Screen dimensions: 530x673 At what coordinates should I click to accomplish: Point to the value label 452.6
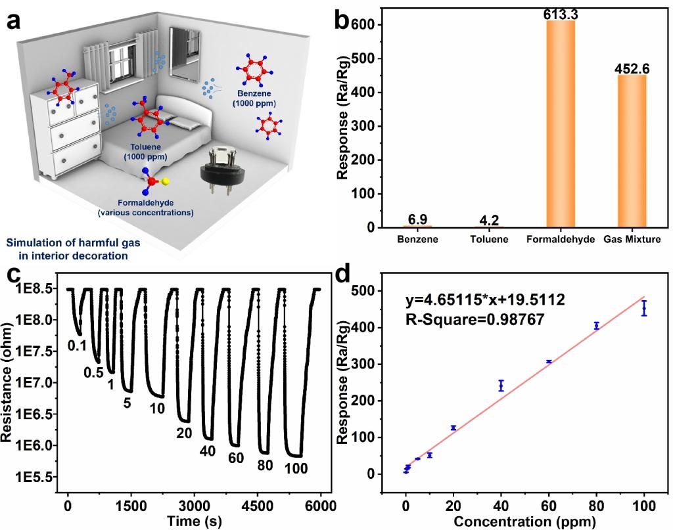(632, 68)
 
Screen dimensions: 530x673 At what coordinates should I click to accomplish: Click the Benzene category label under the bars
(417, 240)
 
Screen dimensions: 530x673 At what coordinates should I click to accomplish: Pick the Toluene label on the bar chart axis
(489, 240)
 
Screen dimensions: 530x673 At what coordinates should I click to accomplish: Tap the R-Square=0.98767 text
(471, 320)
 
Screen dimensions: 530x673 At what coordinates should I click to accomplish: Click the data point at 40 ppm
(501, 386)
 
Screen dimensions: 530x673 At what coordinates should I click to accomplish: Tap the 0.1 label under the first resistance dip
(78, 343)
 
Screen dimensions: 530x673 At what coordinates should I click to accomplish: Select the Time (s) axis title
(193, 520)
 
